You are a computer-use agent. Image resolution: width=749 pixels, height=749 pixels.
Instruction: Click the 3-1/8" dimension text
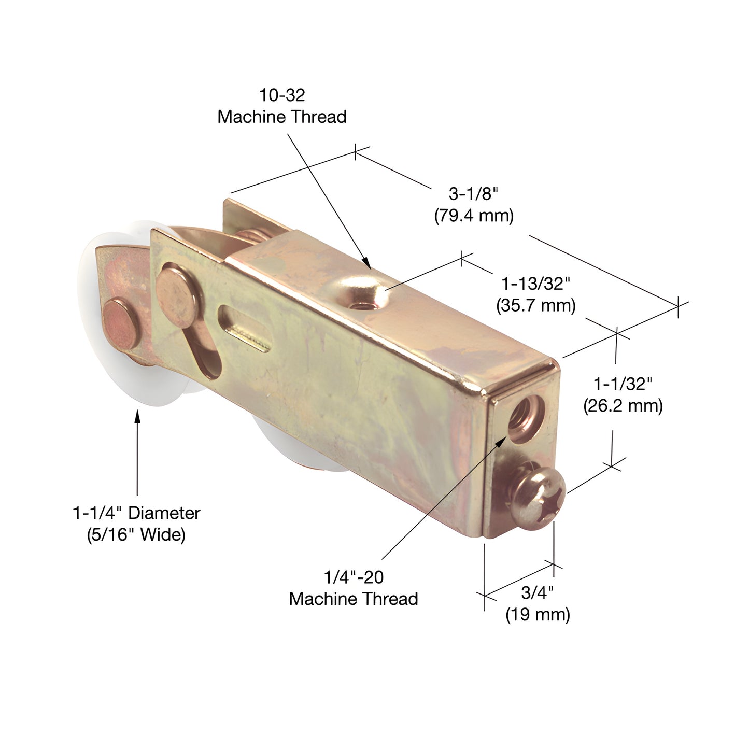473,194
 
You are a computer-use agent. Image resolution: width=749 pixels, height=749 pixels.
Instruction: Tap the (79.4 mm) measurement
474,216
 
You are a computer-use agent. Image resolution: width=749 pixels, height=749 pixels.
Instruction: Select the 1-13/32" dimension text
535,284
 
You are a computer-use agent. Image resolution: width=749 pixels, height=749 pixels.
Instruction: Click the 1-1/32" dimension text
623,384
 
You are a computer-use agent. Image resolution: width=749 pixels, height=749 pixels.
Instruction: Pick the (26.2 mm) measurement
623,405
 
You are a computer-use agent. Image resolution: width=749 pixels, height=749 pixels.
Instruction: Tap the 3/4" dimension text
538,592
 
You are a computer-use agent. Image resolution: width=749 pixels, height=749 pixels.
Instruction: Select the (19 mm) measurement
538,615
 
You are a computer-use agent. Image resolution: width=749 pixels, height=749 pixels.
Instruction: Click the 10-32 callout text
282,95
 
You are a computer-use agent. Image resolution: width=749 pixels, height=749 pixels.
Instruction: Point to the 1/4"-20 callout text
354,577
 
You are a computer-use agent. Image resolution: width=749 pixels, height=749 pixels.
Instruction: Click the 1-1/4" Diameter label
136,513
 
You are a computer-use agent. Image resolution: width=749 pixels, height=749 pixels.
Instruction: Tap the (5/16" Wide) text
136,534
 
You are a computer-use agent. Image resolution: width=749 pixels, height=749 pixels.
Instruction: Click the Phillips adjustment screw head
539,497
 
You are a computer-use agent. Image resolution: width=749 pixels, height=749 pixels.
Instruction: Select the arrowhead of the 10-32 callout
366,263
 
